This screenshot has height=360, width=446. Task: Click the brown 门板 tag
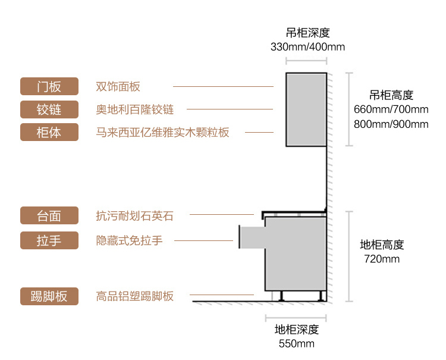point(49,86)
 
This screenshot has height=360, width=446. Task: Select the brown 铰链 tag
point(49,109)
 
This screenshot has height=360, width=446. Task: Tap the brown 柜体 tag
point(49,132)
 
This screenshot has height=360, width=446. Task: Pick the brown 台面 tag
point(49,215)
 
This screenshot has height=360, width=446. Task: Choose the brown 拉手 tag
point(49,240)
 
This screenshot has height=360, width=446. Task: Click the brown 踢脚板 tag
point(49,296)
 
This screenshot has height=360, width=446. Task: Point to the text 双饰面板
point(118,86)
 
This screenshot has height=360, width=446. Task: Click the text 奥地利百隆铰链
point(135,109)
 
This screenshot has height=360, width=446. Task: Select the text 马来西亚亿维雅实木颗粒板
point(162,132)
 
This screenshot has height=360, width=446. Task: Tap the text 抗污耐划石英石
point(135,215)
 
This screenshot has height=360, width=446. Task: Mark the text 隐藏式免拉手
point(129,240)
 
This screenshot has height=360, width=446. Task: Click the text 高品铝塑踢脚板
point(135,296)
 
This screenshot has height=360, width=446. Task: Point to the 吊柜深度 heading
point(307,32)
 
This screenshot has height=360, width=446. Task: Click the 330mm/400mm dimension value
point(307,46)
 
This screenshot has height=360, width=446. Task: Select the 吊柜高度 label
point(391,95)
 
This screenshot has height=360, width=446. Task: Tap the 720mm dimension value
point(382,259)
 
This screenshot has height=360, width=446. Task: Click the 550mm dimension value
point(296,344)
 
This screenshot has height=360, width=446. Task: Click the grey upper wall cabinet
point(306,109)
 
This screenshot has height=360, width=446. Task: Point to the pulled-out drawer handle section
point(251,237)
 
